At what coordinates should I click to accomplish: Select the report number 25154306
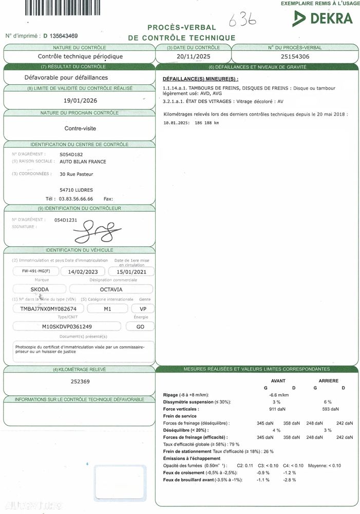(295, 57)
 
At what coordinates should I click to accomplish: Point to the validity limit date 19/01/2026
(80, 100)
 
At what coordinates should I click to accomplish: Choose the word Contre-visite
(80, 128)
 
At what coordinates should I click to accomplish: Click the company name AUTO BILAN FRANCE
(83, 162)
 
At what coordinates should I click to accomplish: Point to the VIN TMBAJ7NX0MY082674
(48, 309)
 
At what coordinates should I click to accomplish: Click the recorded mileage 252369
(80, 381)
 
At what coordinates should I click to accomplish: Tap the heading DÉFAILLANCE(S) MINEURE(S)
(200, 79)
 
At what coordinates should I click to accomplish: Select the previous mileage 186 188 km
(207, 123)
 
